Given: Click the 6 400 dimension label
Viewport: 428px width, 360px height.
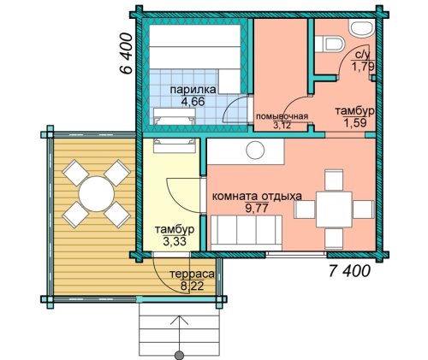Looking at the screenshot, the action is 126,53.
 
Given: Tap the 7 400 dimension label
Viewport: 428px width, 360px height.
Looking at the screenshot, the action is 350,271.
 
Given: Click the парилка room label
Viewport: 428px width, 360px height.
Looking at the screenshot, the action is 193,90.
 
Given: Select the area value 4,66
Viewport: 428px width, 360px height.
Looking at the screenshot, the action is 193,101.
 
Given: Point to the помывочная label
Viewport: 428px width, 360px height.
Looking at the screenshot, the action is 282,117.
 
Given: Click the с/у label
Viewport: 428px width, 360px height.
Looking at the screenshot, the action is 363,56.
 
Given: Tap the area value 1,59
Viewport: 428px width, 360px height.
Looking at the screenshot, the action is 355,123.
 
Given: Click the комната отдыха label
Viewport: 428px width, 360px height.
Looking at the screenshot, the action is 257,197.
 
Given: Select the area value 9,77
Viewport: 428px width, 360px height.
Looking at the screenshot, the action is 257,208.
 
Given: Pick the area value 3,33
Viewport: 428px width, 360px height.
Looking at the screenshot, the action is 175,241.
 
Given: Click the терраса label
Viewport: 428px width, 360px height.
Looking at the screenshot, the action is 192,274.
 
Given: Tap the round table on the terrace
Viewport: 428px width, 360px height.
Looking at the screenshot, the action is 97,194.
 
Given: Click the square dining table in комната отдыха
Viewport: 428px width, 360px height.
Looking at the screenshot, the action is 334,210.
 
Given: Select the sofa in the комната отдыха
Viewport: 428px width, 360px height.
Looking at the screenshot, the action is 247,233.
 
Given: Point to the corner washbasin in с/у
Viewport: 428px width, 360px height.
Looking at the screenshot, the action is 361,28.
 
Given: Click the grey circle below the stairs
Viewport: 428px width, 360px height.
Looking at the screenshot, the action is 180,355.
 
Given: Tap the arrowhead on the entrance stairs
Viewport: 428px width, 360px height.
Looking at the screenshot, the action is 180,320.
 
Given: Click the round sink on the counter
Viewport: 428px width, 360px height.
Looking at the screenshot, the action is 255,150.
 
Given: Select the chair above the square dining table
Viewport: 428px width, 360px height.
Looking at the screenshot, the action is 334,180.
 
